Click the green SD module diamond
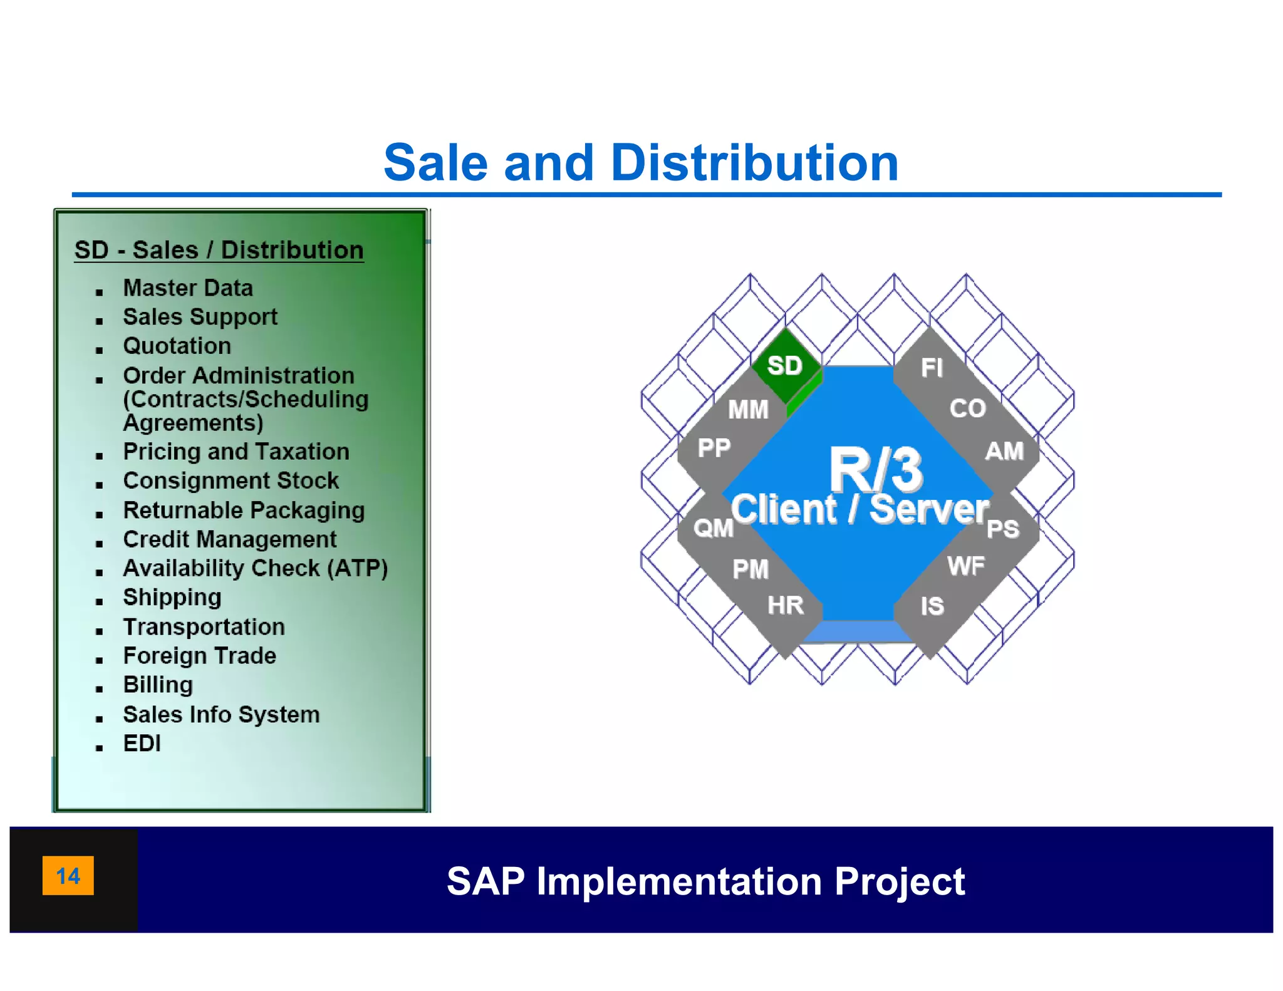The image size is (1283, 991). pos(785,365)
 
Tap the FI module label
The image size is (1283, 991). pos(932,368)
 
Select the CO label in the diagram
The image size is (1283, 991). pos(967,408)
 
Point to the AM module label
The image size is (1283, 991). pos(1004,451)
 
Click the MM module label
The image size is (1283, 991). pos(748,410)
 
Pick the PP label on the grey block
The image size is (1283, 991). pos(714,448)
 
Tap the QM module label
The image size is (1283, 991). pos(714,528)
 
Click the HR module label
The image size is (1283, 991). pos(786,605)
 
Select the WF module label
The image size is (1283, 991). pos(966,566)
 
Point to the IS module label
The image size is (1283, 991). pos(932,606)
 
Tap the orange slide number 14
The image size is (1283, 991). pos(68,875)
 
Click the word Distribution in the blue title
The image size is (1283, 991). pos(754,163)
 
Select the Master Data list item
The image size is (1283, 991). pos(188,288)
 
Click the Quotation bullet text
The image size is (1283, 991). pos(177,346)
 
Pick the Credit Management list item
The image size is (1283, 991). pos(229,539)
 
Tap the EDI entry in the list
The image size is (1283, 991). pos(142,744)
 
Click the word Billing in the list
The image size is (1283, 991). pos(158,685)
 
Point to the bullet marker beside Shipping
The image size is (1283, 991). pos(99,601)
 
